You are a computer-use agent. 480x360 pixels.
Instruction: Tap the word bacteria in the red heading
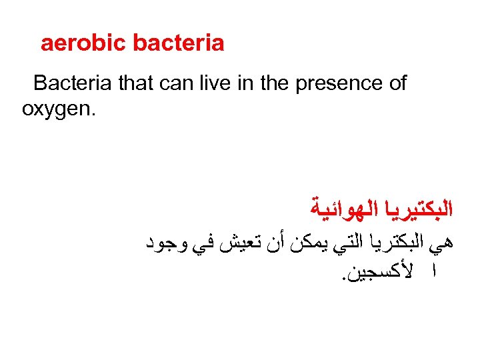tap(179, 44)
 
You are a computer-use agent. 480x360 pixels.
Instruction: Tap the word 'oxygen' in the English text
tap(59, 108)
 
